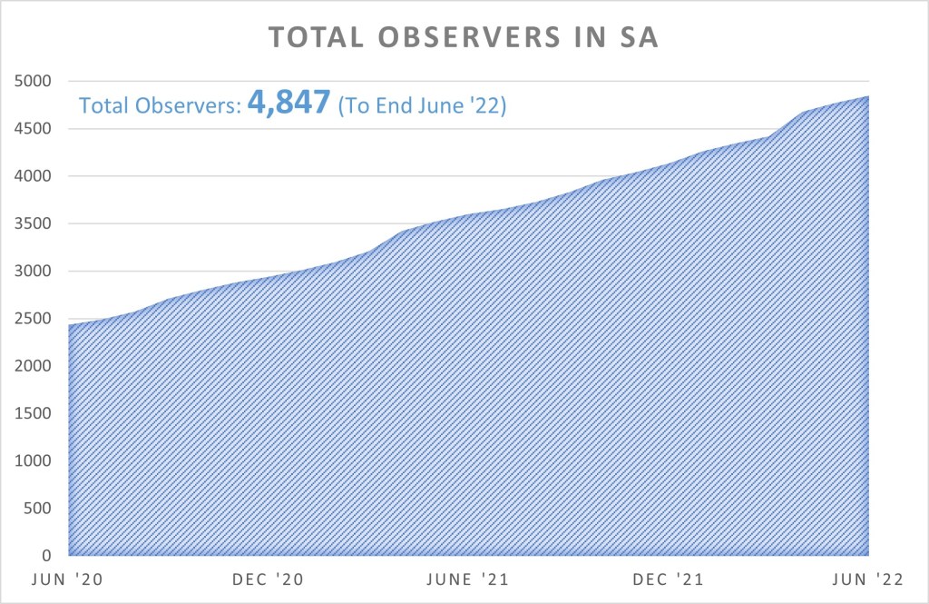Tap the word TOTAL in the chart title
point(314,39)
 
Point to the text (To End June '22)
point(421,106)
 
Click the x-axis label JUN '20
point(68,579)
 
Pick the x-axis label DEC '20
point(269,579)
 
